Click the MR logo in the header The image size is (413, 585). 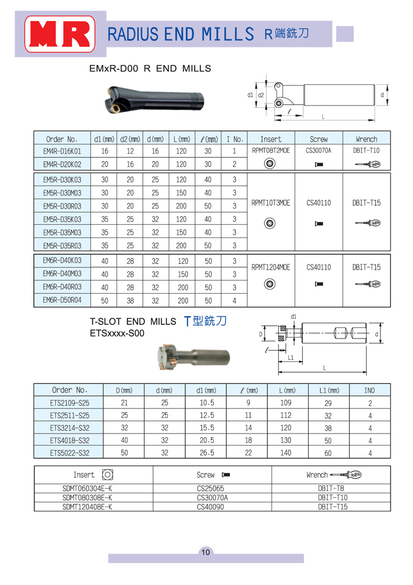coord(58,34)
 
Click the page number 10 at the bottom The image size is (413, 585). coord(206,552)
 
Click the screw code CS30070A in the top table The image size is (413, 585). coord(318,151)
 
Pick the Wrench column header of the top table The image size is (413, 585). coord(366,139)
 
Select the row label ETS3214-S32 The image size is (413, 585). coord(69,427)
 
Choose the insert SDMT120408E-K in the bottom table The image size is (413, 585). coord(87,506)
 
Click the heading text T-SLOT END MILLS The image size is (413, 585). coord(132,322)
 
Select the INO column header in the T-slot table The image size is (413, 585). coord(370,390)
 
